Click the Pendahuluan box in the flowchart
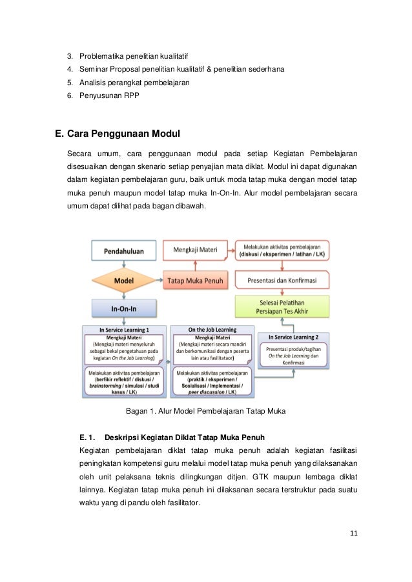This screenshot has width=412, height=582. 124,250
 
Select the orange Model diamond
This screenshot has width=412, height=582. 124,281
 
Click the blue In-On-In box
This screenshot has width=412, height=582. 124,308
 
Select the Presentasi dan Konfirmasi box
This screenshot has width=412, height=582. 282,281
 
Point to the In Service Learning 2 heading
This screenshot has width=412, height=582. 289,337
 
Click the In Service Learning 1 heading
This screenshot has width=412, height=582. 125,329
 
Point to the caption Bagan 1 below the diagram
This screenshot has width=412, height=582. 205,410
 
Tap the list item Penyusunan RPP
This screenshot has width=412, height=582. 108,97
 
